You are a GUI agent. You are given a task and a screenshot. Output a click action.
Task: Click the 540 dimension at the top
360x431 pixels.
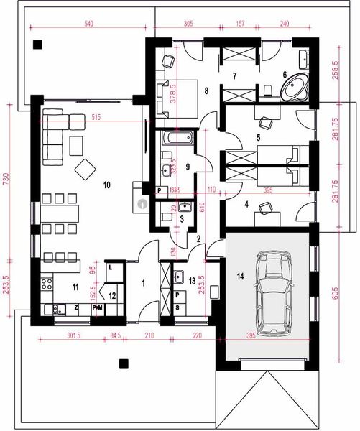pyautogui.click(x=89, y=24)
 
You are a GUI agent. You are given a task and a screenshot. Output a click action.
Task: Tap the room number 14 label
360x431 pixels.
pyautogui.click(x=241, y=274)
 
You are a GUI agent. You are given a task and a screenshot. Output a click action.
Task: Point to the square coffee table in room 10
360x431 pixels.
pyautogui.click(x=86, y=169)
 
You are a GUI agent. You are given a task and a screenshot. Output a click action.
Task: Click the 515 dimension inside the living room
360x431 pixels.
pyautogui.click(x=93, y=116)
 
